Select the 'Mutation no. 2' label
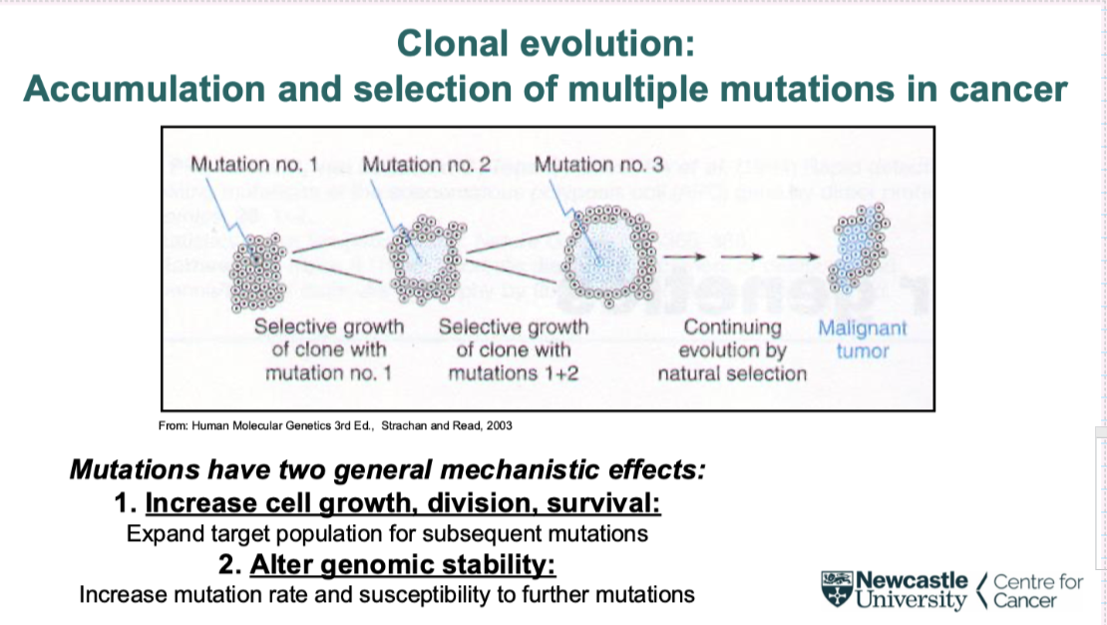(x=427, y=164)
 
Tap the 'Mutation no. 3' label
(x=599, y=164)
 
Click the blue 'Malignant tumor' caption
(x=863, y=339)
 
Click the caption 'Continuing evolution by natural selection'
(x=732, y=350)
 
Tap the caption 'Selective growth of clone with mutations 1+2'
(x=514, y=350)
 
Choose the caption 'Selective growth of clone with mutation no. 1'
(x=329, y=350)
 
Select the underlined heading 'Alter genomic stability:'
(x=402, y=564)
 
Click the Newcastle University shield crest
(x=837, y=589)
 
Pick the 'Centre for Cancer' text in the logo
(x=1037, y=590)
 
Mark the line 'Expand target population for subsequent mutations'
(x=387, y=533)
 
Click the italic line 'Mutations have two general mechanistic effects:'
(x=388, y=469)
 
